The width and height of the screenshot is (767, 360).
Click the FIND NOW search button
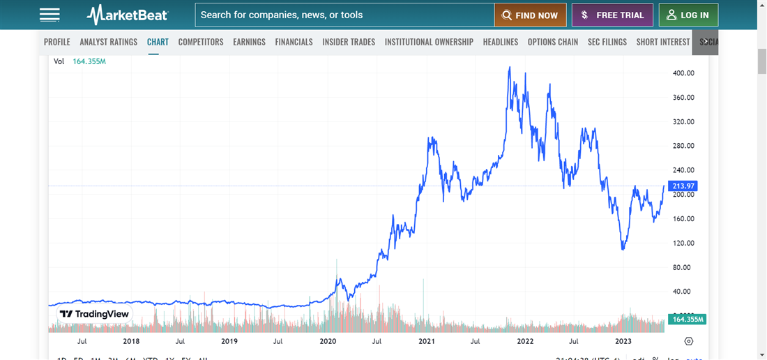(x=530, y=15)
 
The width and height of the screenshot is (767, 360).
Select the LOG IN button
(x=688, y=15)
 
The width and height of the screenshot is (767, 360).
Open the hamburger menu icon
(x=50, y=15)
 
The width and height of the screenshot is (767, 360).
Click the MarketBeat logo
(x=128, y=15)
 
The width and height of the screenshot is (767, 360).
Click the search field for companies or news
(x=344, y=15)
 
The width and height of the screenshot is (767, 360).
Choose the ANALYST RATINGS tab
(x=109, y=42)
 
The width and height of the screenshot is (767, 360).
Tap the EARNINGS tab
(x=249, y=42)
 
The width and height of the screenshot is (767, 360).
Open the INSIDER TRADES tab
(x=349, y=42)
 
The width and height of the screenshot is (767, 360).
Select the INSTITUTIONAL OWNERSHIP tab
(x=429, y=42)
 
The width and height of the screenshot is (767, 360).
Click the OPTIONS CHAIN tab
(x=553, y=42)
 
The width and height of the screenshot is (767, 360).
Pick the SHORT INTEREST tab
(x=663, y=42)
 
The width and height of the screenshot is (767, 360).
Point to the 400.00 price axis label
(x=683, y=73)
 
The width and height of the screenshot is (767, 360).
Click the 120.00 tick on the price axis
(x=683, y=243)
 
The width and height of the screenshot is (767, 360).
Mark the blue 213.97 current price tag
(x=683, y=186)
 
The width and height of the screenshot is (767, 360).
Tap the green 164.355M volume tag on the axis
(x=688, y=320)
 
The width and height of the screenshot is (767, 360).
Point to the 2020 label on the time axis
(x=328, y=341)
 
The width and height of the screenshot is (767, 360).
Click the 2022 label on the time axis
(x=525, y=341)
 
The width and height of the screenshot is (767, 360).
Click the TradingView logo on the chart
(x=95, y=314)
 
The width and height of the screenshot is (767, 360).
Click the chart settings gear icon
(x=689, y=341)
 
